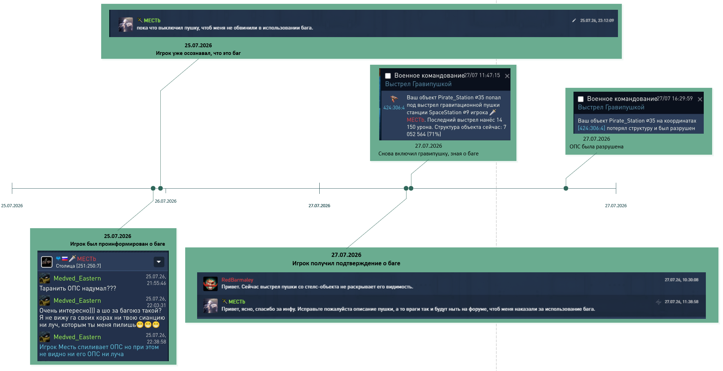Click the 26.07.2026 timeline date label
tap(166, 201)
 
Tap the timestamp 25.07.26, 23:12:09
tap(597, 21)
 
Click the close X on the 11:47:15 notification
tap(507, 76)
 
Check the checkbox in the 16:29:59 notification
tap(581, 99)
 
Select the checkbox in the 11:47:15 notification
tap(388, 76)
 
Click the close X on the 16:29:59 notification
tap(700, 99)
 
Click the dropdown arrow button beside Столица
tap(159, 262)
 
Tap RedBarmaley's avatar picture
tap(210, 284)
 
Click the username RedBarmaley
tap(237, 280)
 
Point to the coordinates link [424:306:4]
tap(591, 128)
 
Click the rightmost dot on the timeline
tap(566, 188)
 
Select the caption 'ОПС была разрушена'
tap(596, 147)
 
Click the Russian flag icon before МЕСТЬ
tap(65, 259)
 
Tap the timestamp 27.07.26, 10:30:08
tap(681, 280)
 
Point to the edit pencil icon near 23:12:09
tap(574, 21)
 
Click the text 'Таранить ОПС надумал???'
tap(78, 288)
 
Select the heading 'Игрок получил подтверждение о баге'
tap(346, 263)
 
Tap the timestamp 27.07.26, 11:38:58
tap(681, 302)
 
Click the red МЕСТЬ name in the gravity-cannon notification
tap(415, 120)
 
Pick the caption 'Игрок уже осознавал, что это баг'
tap(198, 53)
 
